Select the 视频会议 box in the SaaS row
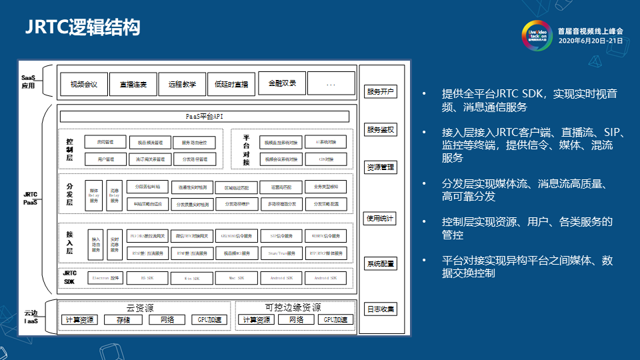(84, 85)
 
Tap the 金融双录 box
(282, 84)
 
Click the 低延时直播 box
(231, 85)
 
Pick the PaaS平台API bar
(204, 117)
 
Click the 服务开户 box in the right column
(380, 91)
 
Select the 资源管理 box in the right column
(380, 167)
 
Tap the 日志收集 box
(380, 309)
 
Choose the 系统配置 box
(380, 264)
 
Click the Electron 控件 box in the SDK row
(105, 278)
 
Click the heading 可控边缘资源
(293, 307)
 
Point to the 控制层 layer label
(69, 150)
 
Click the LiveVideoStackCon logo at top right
(536, 35)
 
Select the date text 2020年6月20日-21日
(590, 41)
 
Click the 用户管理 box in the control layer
(105, 159)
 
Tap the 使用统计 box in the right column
(380, 218)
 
